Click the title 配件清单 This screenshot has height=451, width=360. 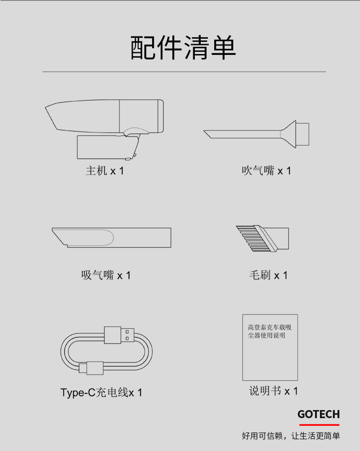click(x=183, y=48)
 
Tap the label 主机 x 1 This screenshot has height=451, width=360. click(x=105, y=171)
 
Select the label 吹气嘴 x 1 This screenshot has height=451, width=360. click(x=266, y=171)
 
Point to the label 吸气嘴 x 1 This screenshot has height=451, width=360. click(x=106, y=275)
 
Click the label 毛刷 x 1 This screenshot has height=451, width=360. click(x=268, y=275)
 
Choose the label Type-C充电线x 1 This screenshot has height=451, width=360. click(x=101, y=392)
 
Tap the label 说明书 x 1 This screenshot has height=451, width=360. click(x=273, y=391)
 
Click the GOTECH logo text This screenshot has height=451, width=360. click(x=319, y=414)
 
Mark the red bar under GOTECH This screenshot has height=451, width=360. click(x=319, y=424)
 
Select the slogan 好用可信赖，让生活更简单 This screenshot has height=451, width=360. click(x=291, y=436)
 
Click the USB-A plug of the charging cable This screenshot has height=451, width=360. click(x=119, y=335)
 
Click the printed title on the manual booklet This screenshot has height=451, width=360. click(x=270, y=331)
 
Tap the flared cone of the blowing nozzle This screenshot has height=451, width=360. click(x=288, y=134)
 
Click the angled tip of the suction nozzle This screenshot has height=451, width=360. click(x=59, y=237)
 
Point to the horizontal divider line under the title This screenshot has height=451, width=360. click(x=184, y=72)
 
